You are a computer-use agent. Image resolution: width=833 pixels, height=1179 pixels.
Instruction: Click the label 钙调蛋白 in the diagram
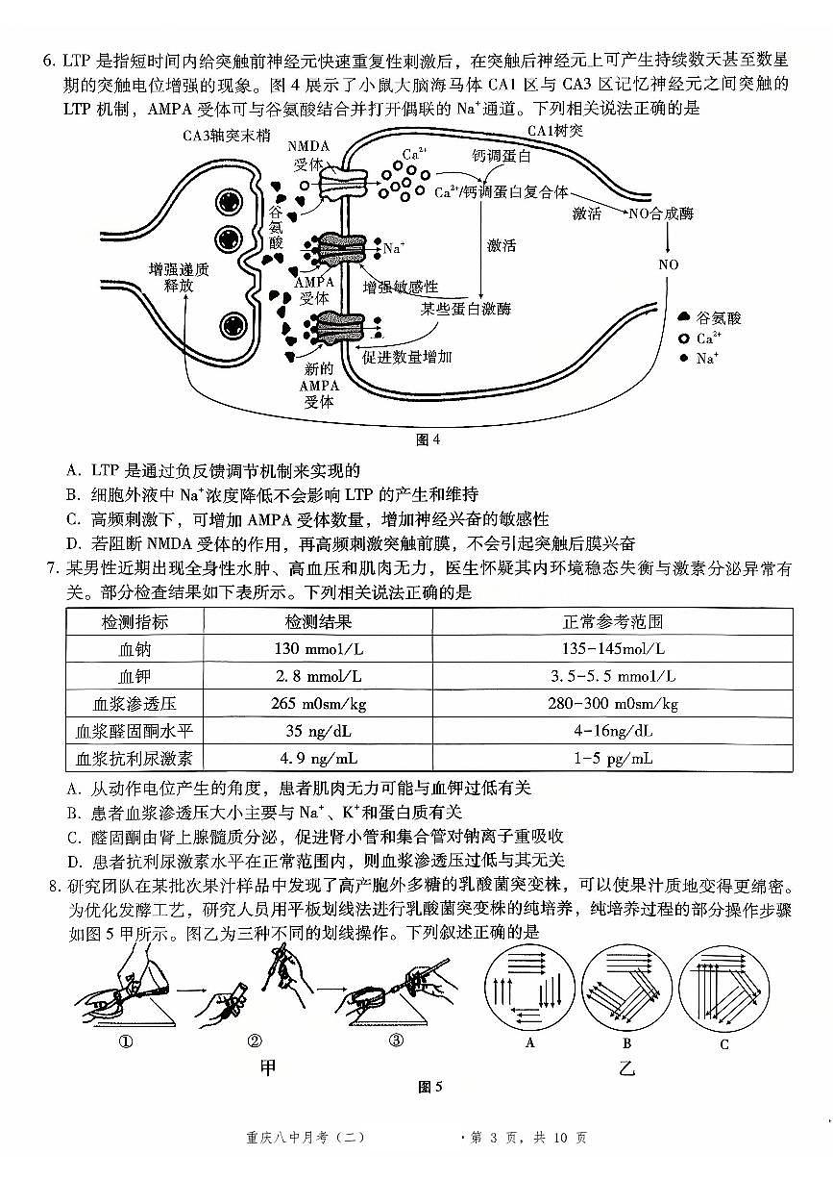coord(502,155)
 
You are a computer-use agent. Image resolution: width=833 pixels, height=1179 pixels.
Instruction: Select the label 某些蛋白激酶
coord(466,309)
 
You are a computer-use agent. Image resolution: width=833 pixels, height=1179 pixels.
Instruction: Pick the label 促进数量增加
coord(407,357)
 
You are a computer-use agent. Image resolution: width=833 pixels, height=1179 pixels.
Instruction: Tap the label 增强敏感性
coord(401,287)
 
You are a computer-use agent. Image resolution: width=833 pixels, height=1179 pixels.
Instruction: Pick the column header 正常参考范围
coord(612,621)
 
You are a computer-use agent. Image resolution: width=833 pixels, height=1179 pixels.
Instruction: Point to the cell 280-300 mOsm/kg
coord(612,704)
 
